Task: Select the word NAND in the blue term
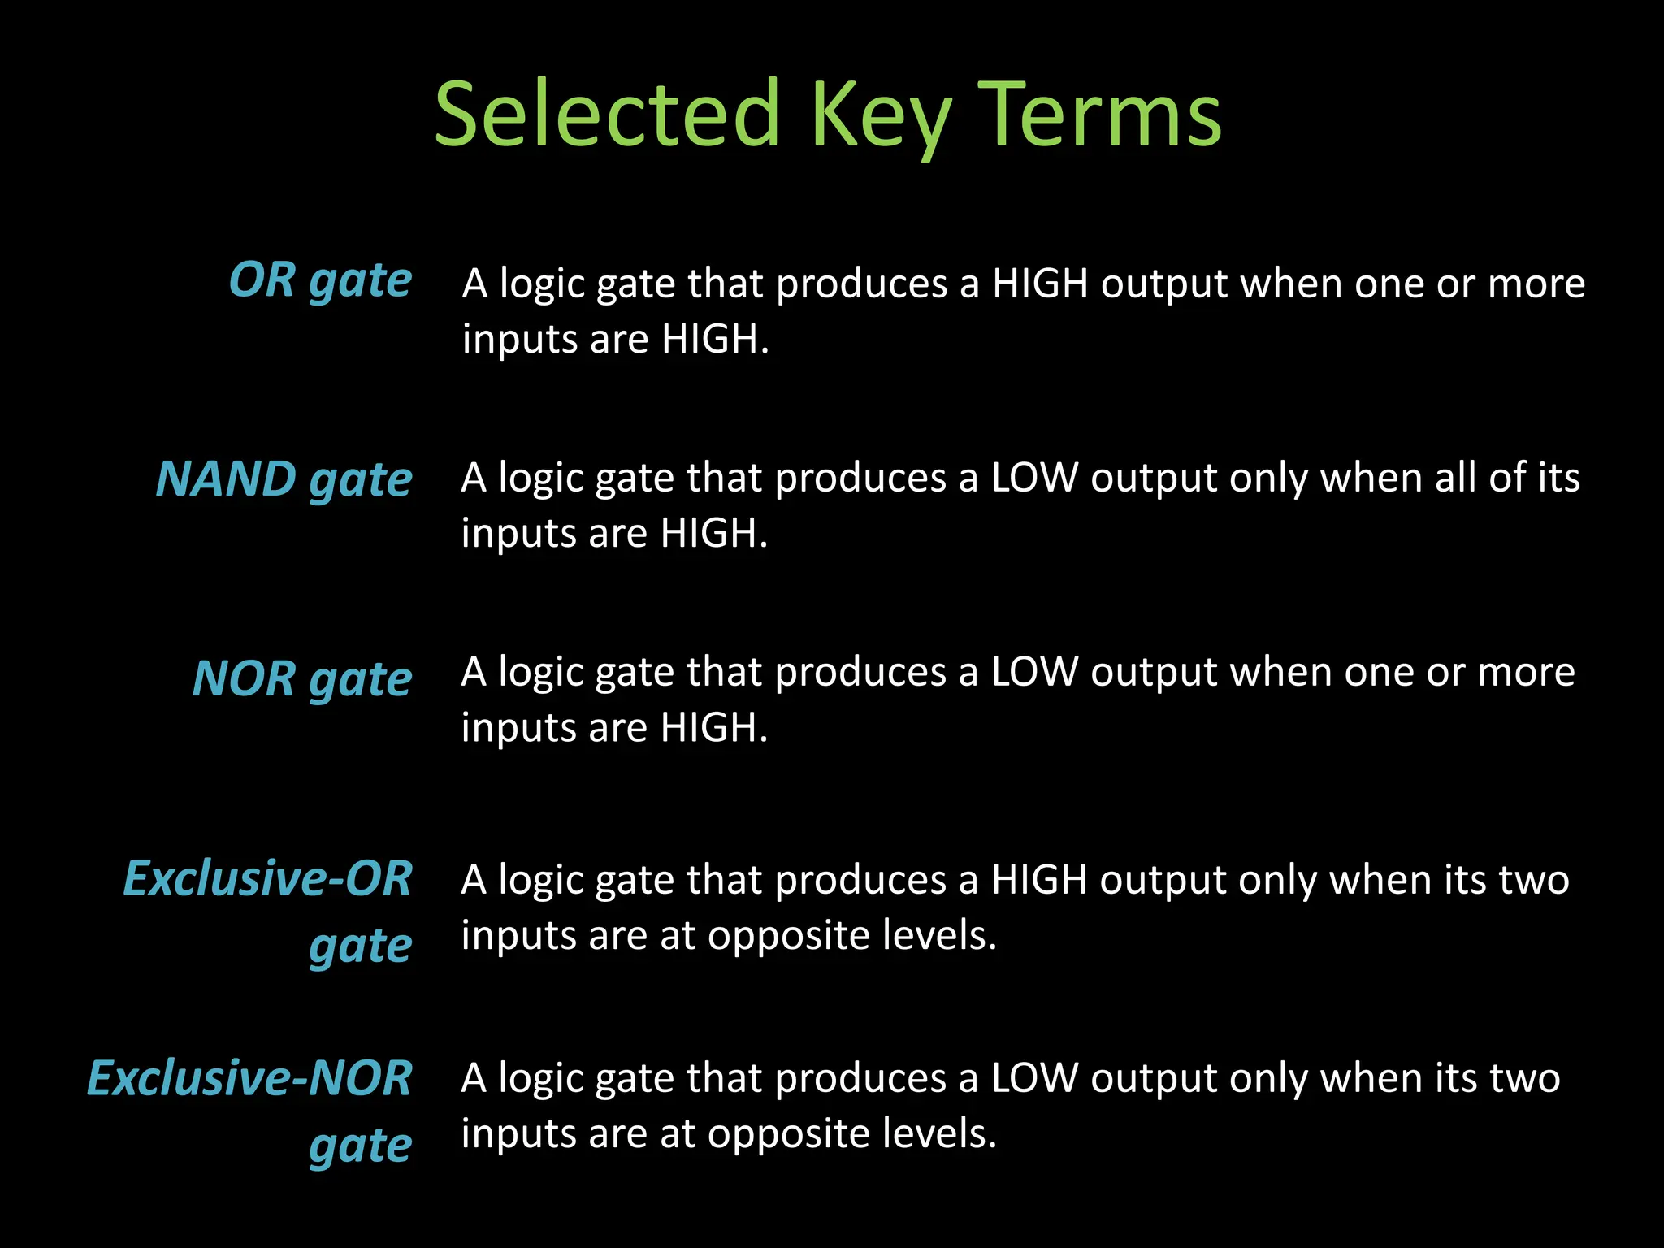point(226,479)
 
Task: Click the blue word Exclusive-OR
point(267,878)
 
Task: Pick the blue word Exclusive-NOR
point(249,1078)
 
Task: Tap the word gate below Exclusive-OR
point(361,947)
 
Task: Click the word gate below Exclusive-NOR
point(361,1147)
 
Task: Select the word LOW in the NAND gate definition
point(1034,478)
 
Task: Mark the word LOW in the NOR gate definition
point(1034,672)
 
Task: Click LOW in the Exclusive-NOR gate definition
point(1034,1078)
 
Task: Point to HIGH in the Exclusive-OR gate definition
point(1039,879)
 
